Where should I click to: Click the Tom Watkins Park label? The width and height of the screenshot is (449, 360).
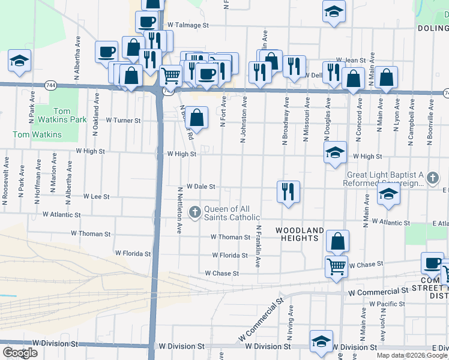coord(70,115)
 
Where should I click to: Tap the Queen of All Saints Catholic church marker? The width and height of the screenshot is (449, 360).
coord(194,212)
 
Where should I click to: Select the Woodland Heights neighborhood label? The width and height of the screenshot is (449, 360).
coord(300,234)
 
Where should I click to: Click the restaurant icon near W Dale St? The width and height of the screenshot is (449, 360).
coord(288,192)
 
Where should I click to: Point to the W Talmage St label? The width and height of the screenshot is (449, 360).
coord(188,25)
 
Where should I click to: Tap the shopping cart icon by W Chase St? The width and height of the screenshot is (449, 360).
coord(336,266)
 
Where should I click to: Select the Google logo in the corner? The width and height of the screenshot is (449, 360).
coord(20,352)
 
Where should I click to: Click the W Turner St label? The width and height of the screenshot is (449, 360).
coord(122,120)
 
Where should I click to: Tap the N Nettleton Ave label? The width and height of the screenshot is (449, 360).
coord(179,210)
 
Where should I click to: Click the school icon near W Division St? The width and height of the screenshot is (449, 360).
coord(321,341)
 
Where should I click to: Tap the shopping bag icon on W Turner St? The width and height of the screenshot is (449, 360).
coord(196,117)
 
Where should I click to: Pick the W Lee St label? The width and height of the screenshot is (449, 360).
coord(96,196)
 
